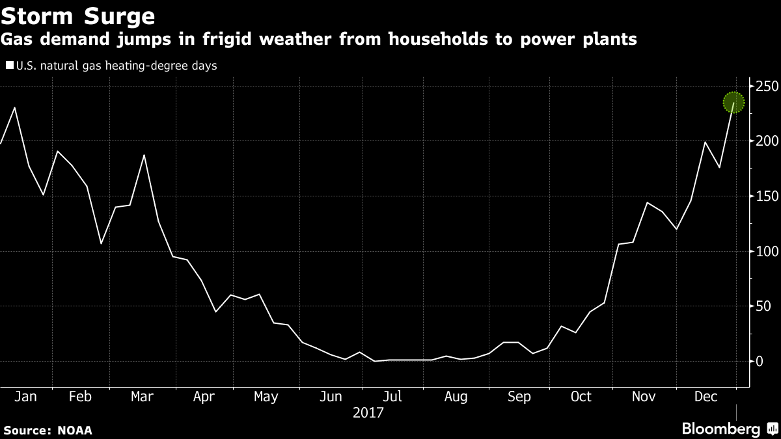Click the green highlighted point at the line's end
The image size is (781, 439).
tap(733, 102)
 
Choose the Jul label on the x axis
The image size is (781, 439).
tap(392, 396)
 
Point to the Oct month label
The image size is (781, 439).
tap(581, 396)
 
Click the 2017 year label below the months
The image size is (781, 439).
tap(368, 413)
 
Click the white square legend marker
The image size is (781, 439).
tap(9, 65)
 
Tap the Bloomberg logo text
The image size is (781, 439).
tap(720, 429)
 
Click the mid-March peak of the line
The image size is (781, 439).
tap(144, 155)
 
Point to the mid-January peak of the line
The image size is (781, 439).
tap(14, 108)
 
